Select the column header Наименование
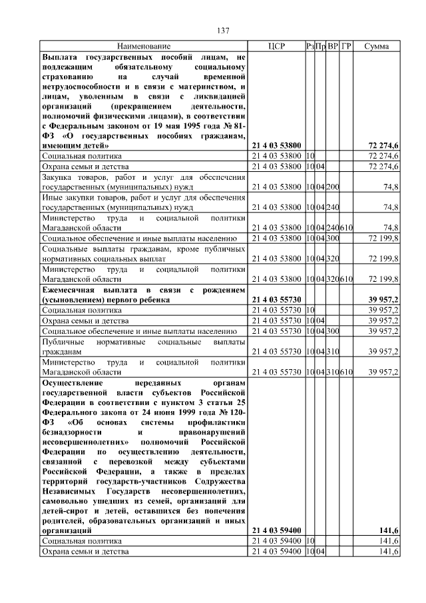click(x=144, y=47)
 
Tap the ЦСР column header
click(x=276, y=47)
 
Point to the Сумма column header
click(x=377, y=47)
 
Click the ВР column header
click(x=333, y=47)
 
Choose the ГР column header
click(x=346, y=47)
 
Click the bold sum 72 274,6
click(x=383, y=145)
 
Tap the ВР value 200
click(x=333, y=187)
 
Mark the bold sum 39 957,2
click(x=382, y=300)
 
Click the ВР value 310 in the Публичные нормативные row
click(x=333, y=351)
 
